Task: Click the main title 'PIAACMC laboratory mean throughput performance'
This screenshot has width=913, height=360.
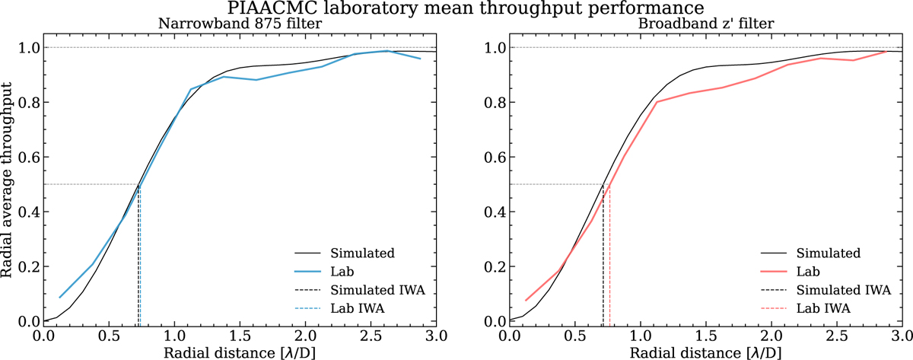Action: click(x=456, y=8)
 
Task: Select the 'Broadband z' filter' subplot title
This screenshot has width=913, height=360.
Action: click(x=705, y=24)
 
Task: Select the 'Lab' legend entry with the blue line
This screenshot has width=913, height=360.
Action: click(x=341, y=270)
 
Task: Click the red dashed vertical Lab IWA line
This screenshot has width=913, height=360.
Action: click(x=610, y=259)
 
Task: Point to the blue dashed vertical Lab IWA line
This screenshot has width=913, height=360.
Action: click(x=141, y=259)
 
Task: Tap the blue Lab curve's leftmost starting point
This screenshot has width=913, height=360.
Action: click(x=60, y=298)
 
